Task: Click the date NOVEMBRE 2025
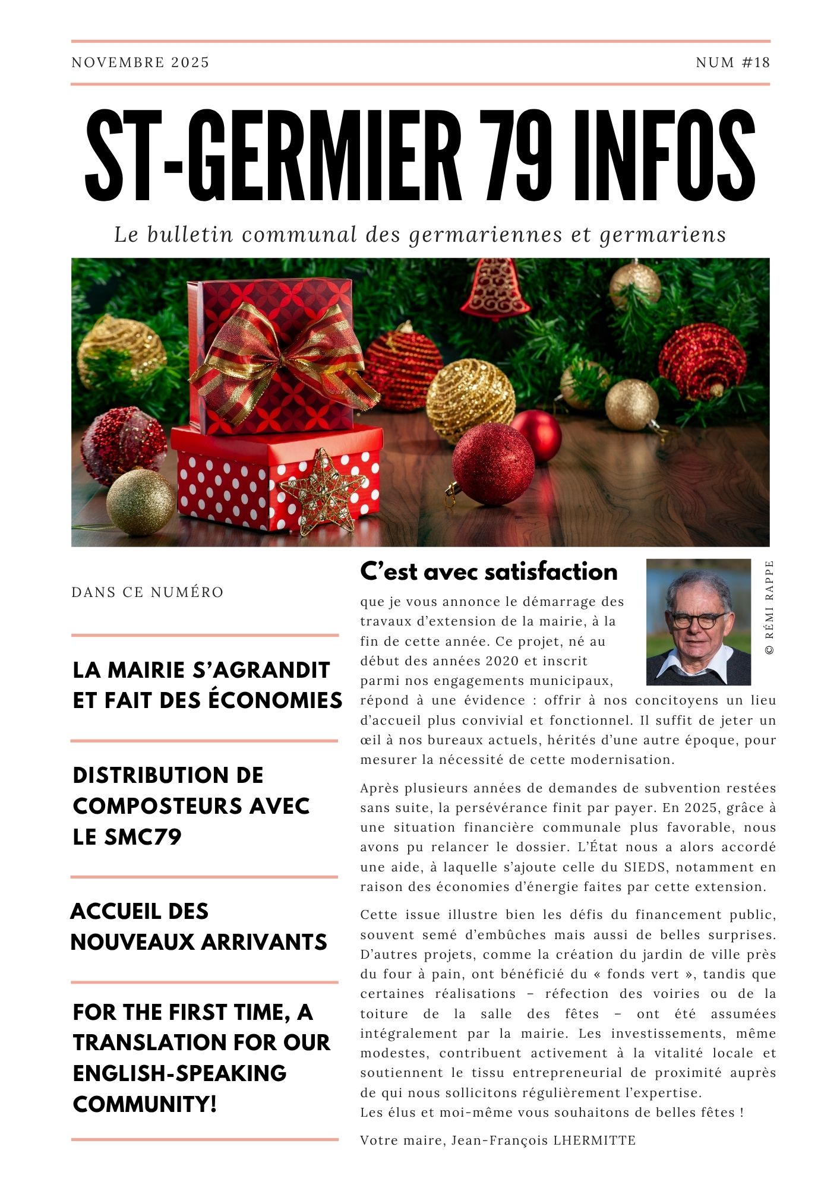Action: pos(140,62)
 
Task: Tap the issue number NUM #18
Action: pos(732,62)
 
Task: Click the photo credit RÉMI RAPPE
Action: pos(769,607)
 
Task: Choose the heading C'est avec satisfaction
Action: pos(488,571)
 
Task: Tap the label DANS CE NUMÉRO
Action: pos(147,592)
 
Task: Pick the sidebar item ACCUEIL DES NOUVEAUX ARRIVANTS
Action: pos(198,927)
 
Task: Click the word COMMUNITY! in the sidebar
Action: pos(144,1104)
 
